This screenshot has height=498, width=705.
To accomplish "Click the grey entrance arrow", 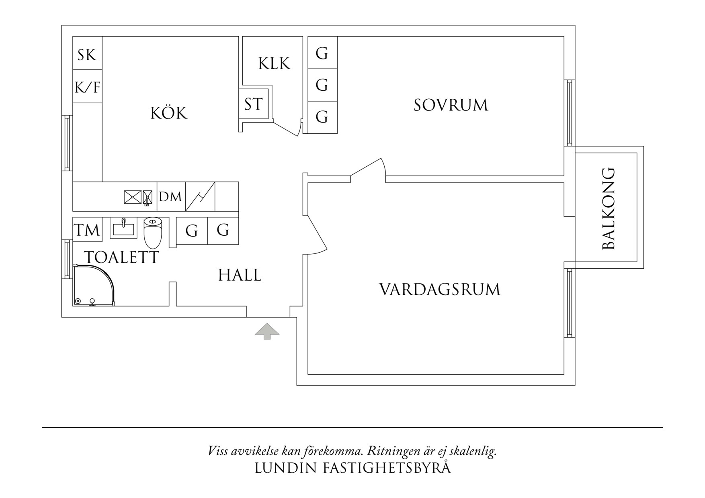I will pyautogui.click(x=267, y=331).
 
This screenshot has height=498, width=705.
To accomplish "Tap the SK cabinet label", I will pyautogui.click(x=87, y=55).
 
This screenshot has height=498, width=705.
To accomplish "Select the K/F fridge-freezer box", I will pyautogui.click(x=87, y=87).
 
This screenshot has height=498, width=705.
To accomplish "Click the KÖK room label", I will pyautogui.click(x=169, y=113).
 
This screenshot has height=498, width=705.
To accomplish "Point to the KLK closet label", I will pyautogui.click(x=274, y=63).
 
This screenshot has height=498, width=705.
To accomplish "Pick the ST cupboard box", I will pyautogui.click(x=253, y=104).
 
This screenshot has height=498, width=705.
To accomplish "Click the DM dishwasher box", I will pyautogui.click(x=171, y=197).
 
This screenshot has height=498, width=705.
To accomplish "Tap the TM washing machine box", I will pyautogui.click(x=87, y=230).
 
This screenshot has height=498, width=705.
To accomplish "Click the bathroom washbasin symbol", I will pyautogui.click(x=124, y=228).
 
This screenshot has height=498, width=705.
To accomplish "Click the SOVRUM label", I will pyautogui.click(x=451, y=105).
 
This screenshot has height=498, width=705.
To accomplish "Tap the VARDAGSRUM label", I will pyautogui.click(x=440, y=290).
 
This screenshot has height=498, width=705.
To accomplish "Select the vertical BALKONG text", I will pyautogui.click(x=609, y=208).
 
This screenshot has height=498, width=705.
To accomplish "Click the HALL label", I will pyautogui.click(x=240, y=276).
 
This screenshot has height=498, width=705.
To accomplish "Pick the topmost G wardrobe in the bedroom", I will pyautogui.click(x=322, y=53).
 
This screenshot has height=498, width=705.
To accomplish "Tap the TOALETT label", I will pyautogui.click(x=121, y=257).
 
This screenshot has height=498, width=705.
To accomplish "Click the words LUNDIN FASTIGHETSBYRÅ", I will pyautogui.click(x=352, y=468).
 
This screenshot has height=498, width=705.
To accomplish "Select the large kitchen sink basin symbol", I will pyautogui.click(x=133, y=196).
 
